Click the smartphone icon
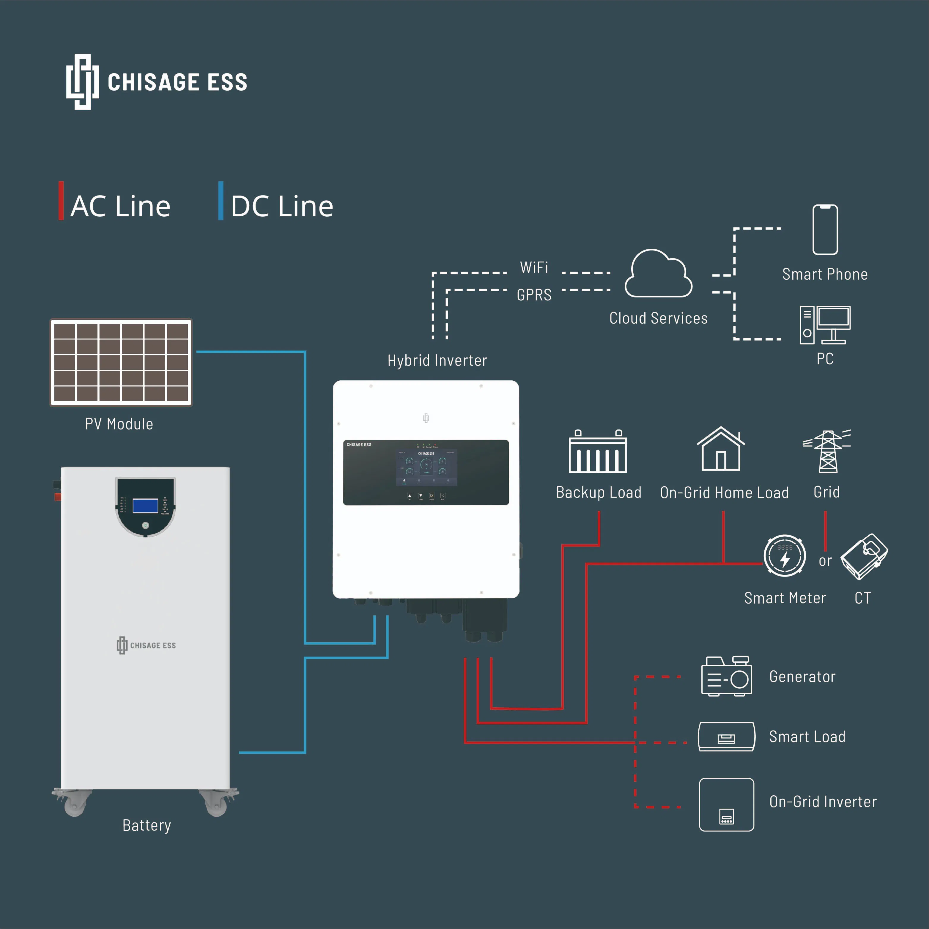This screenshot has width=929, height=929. tap(825, 229)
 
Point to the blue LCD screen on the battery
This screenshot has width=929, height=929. tap(145, 506)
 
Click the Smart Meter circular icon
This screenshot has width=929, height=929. tap(785, 555)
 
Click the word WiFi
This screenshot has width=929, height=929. tap(534, 267)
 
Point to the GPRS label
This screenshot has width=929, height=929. tap(534, 295)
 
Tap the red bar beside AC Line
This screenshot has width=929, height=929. tap(61, 201)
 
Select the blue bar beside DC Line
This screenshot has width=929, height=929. tap(221, 201)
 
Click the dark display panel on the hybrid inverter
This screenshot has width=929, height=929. tap(426, 472)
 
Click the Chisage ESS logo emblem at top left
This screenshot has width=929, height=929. tap(83, 82)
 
